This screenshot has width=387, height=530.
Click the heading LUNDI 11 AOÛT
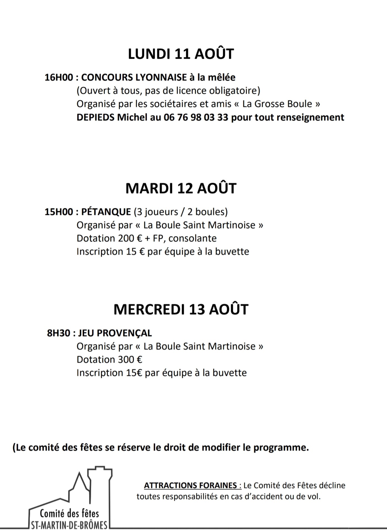point(181,54)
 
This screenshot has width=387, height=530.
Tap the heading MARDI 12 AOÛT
point(181,188)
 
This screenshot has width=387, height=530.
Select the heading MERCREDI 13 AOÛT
point(181,309)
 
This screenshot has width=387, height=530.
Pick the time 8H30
point(58,333)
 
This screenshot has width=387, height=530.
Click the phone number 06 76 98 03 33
point(196,117)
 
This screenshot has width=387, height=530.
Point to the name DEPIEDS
point(95,117)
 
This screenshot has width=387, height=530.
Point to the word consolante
point(193,238)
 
